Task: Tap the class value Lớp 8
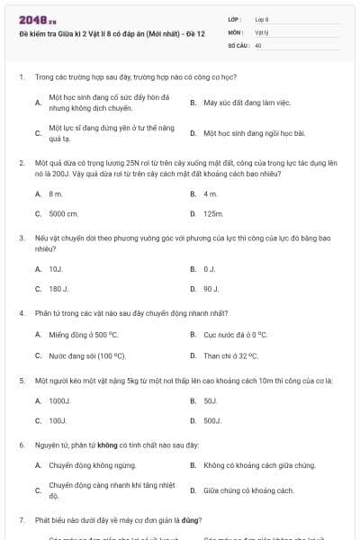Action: pos(262,18)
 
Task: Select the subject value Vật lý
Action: pos(262,31)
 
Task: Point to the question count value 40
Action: pos(258,44)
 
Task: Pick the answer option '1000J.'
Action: pos(59,400)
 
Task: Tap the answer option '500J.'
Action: pos(212,420)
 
